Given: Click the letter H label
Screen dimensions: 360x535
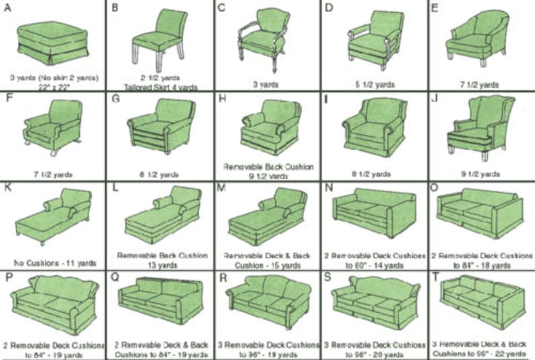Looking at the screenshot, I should (220, 98).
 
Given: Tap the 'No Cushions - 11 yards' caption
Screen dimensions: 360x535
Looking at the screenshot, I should (54, 262).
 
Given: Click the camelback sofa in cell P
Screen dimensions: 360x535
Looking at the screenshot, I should (53, 303).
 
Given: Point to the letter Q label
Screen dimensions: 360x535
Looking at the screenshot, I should (115, 276).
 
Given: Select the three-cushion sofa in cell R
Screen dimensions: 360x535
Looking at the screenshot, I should (267, 303).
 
